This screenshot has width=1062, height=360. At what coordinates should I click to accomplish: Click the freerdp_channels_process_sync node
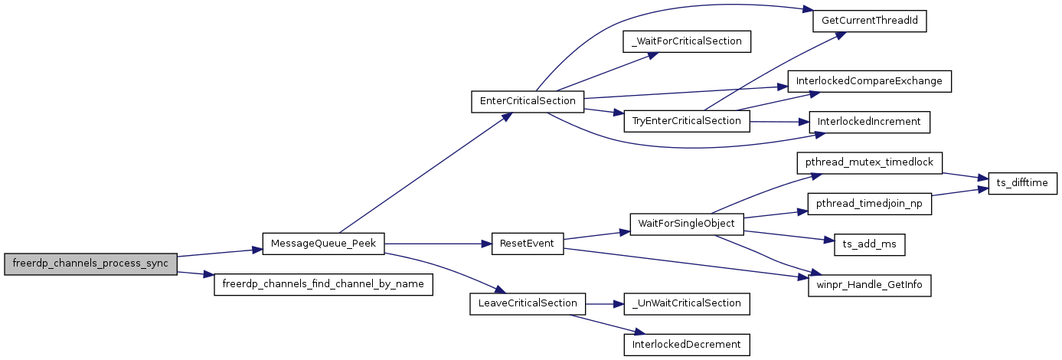(90, 263)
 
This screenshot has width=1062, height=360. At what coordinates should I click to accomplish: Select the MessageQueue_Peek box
(323, 244)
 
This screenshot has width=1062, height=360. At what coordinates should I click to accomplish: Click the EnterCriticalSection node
(527, 101)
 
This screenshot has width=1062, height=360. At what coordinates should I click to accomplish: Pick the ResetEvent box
(527, 244)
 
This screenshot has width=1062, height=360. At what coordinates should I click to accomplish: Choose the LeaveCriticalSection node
(527, 303)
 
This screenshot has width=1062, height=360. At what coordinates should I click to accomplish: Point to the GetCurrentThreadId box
(869, 21)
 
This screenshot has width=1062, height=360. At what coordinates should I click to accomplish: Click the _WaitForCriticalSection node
(687, 41)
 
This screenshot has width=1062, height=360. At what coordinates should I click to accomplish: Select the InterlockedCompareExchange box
(869, 81)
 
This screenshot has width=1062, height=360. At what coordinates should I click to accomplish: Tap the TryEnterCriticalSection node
(687, 121)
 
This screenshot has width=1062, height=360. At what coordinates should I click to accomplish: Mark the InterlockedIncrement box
(869, 122)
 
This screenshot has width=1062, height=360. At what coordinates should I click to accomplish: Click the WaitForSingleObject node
(687, 224)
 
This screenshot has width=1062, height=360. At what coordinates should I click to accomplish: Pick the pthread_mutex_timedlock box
(869, 163)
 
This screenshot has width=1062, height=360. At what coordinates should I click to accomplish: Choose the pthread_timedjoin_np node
(869, 204)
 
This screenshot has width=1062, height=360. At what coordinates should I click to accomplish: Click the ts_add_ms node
(869, 244)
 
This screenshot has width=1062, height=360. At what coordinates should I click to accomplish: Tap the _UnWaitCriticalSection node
(687, 303)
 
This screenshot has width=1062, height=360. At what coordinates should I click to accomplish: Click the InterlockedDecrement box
(687, 345)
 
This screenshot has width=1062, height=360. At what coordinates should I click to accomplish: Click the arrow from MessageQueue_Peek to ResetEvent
(436, 244)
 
